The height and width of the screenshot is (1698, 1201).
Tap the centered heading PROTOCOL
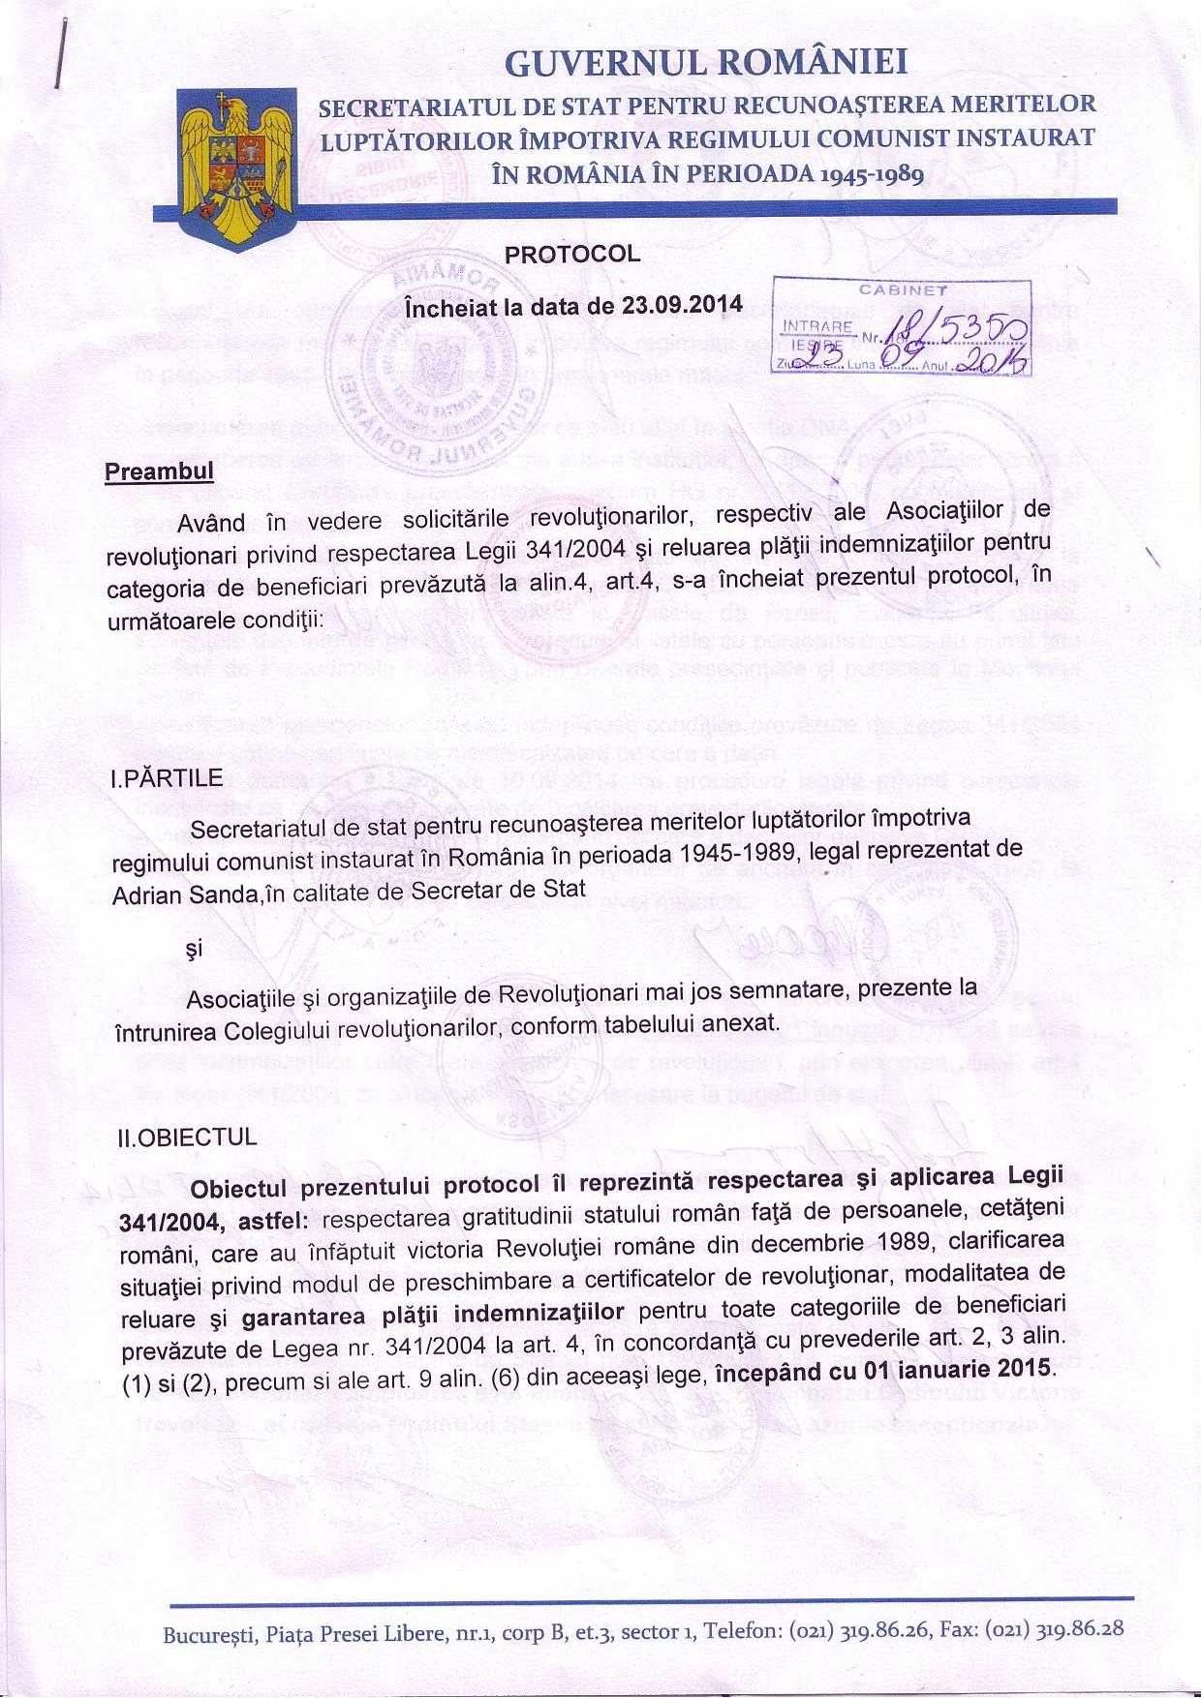pos(572,254)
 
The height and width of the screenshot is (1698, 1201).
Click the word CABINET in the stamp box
pos(903,288)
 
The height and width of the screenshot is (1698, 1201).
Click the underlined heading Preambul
pos(159,471)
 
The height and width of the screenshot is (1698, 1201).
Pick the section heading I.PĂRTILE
pos(168,778)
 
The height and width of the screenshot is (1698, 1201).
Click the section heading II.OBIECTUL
pos(186,1137)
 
